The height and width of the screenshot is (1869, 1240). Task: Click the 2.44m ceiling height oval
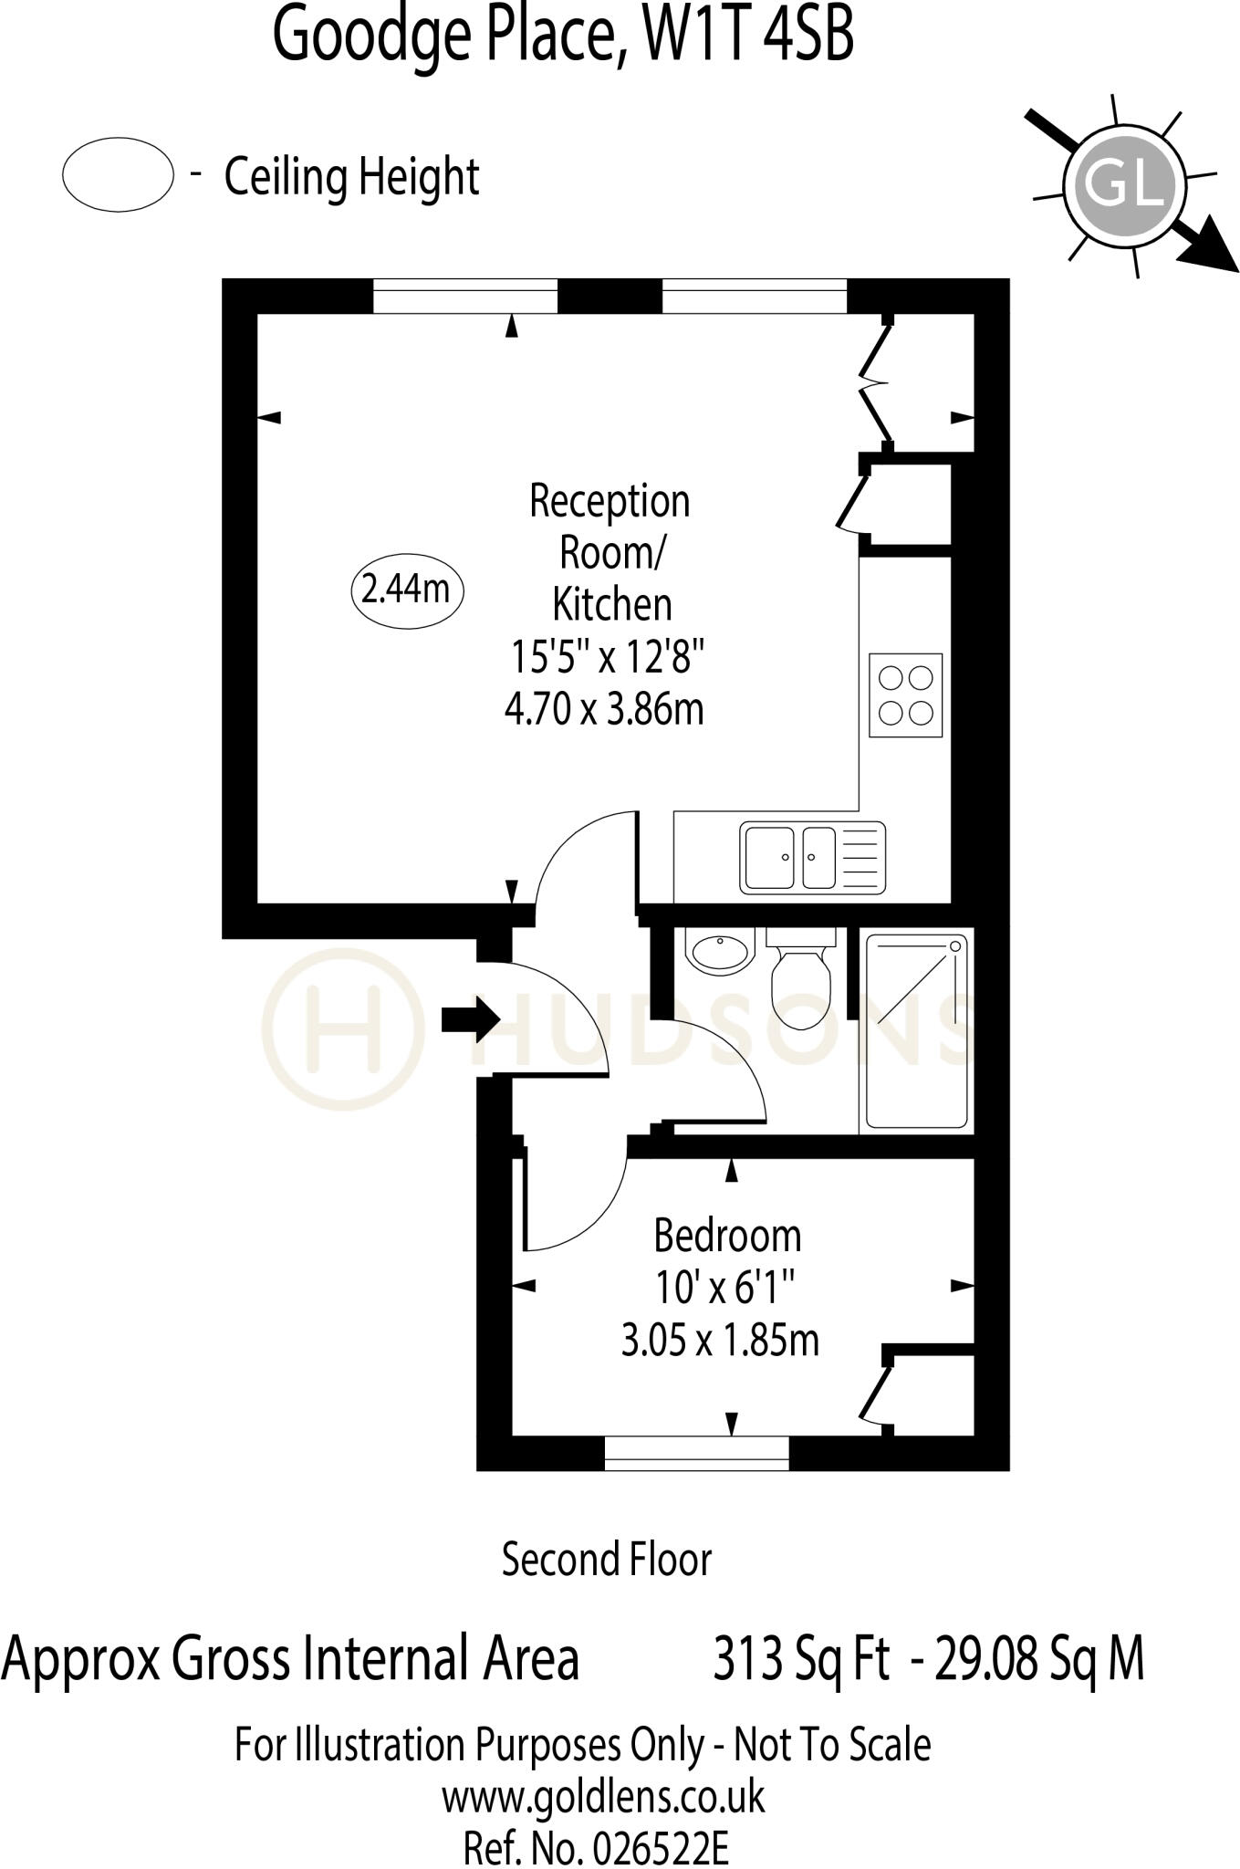407,590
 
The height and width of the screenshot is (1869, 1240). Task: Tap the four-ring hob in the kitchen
905,694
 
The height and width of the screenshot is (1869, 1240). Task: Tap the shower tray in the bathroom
916,1030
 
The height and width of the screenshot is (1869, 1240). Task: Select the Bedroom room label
727,1236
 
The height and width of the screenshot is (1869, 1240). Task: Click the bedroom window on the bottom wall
696,1453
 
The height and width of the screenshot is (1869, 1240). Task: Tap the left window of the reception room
465,297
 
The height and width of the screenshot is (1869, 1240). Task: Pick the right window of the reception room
754,297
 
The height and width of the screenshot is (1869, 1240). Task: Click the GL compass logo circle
1124,185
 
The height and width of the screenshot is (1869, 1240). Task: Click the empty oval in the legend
118,174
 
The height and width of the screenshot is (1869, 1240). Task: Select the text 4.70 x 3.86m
604,708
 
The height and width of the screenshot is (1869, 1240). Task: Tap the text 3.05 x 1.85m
720,1341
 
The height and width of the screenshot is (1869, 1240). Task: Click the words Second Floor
606,1559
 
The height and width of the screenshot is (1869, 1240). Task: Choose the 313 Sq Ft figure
800,1657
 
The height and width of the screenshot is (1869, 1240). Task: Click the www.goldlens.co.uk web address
603,1796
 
